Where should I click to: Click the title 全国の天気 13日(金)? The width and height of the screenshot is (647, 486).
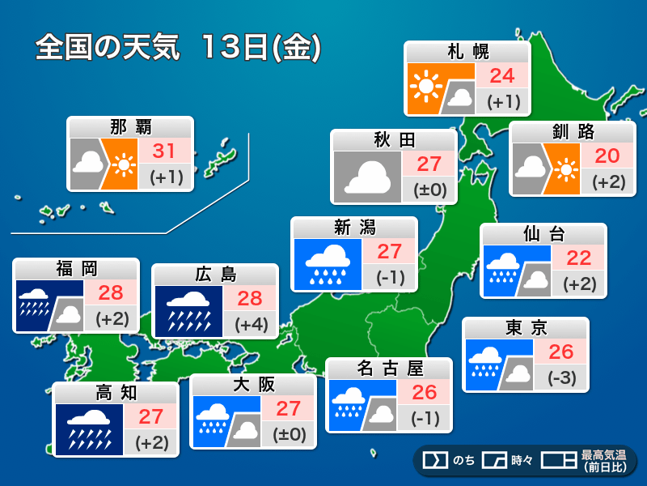pyautogui.click(x=178, y=48)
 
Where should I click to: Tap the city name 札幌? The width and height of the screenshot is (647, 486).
pyautogui.click(x=467, y=52)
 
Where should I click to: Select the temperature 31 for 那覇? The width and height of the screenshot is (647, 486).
pyautogui.click(x=164, y=150)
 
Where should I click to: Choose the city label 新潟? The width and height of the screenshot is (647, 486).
pyautogui.click(x=353, y=227)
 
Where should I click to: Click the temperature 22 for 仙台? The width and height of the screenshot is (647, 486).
pyautogui.click(x=578, y=258)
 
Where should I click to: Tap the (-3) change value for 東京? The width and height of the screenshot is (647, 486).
pyautogui.click(x=560, y=378)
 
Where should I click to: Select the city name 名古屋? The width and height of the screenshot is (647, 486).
pyautogui.click(x=390, y=369)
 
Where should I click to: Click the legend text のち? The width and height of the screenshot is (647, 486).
pyautogui.click(x=463, y=460)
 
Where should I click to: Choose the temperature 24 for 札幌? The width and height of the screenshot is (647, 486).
pyautogui.click(x=501, y=76)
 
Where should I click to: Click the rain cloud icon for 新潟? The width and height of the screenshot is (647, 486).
pyautogui.click(x=327, y=264)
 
